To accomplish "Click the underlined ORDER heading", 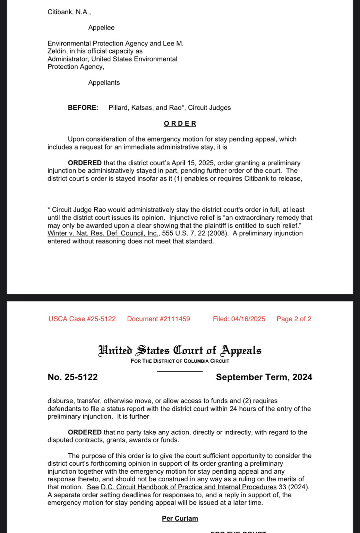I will coord(180,124).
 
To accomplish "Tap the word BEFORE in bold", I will coord(83,108).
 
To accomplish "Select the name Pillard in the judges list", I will coord(118,108).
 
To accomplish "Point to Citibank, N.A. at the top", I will coord(69,12).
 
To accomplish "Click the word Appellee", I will coord(101,28).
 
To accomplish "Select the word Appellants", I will coord(104,83).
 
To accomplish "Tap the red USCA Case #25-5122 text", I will coord(82,319).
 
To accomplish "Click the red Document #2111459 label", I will coord(158,319).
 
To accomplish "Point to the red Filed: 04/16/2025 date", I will coord(239,319).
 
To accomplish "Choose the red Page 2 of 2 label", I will coord(294,319).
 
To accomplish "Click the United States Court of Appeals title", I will coord(180,350).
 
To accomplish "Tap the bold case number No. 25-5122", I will coord(72,377).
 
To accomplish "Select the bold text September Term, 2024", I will coord(264,377).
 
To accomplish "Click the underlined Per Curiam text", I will coord(180,518).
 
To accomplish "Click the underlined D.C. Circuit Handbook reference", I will coord(188,487).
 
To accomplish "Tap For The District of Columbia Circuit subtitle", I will coord(180,361).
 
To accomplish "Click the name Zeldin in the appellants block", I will coord(57,51).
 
